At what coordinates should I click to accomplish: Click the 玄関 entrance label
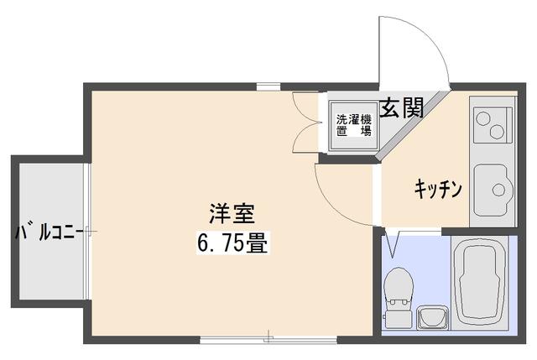(401, 108)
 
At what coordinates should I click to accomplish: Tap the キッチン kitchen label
(438, 188)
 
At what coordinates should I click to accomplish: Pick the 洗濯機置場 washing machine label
(353, 125)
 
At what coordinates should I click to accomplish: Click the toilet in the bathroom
(396, 292)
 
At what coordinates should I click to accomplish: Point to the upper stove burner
(486, 117)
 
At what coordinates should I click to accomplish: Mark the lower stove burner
(498, 131)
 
